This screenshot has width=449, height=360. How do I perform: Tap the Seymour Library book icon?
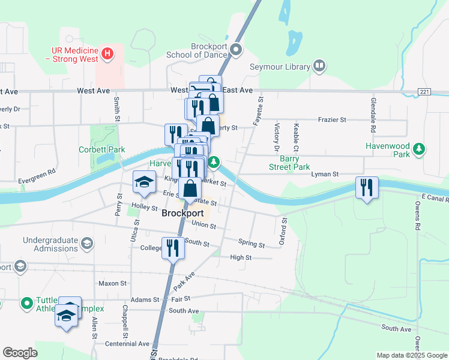click(319, 66)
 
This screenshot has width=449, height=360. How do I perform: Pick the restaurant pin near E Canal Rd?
click(366, 188)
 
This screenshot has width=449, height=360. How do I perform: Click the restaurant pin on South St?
click(173, 247)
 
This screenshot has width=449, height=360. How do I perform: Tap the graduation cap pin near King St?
click(144, 181)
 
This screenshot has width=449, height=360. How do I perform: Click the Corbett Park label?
click(101, 149)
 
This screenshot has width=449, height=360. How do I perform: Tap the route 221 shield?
click(425, 91)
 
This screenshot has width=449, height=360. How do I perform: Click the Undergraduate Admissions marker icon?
click(87, 243)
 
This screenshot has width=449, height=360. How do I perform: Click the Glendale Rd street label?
click(373, 115)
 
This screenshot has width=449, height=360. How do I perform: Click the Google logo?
click(20, 353)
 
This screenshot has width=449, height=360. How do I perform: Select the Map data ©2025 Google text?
click(412, 355)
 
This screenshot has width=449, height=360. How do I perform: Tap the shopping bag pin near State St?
click(190, 188)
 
